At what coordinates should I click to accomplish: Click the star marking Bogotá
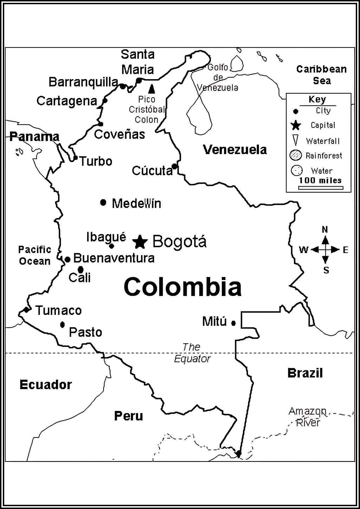[x=140, y=241]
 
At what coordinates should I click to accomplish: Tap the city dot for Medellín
[x=103, y=202]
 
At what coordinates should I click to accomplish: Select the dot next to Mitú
[x=233, y=323]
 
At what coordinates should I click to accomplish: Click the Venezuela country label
[x=235, y=150]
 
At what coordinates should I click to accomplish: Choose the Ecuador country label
[x=46, y=385]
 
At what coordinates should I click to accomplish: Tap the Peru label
[x=129, y=416]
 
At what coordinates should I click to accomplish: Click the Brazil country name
[x=305, y=373]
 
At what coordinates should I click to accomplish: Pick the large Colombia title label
[x=182, y=286]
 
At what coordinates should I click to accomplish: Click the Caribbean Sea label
[x=321, y=75]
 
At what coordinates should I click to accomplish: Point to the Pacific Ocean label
[x=34, y=256]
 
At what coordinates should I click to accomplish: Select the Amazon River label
[x=308, y=417]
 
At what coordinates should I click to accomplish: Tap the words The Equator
[x=192, y=353]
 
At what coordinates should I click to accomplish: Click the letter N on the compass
[x=325, y=230]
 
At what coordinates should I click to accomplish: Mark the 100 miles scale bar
[x=321, y=188]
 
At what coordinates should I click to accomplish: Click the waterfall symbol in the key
[x=296, y=140]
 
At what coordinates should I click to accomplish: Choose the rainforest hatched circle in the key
[x=296, y=155]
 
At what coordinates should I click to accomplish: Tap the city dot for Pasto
[x=63, y=325]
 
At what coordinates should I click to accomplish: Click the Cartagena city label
[x=67, y=101]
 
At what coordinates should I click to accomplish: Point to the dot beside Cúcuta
[x=174, y=166]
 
